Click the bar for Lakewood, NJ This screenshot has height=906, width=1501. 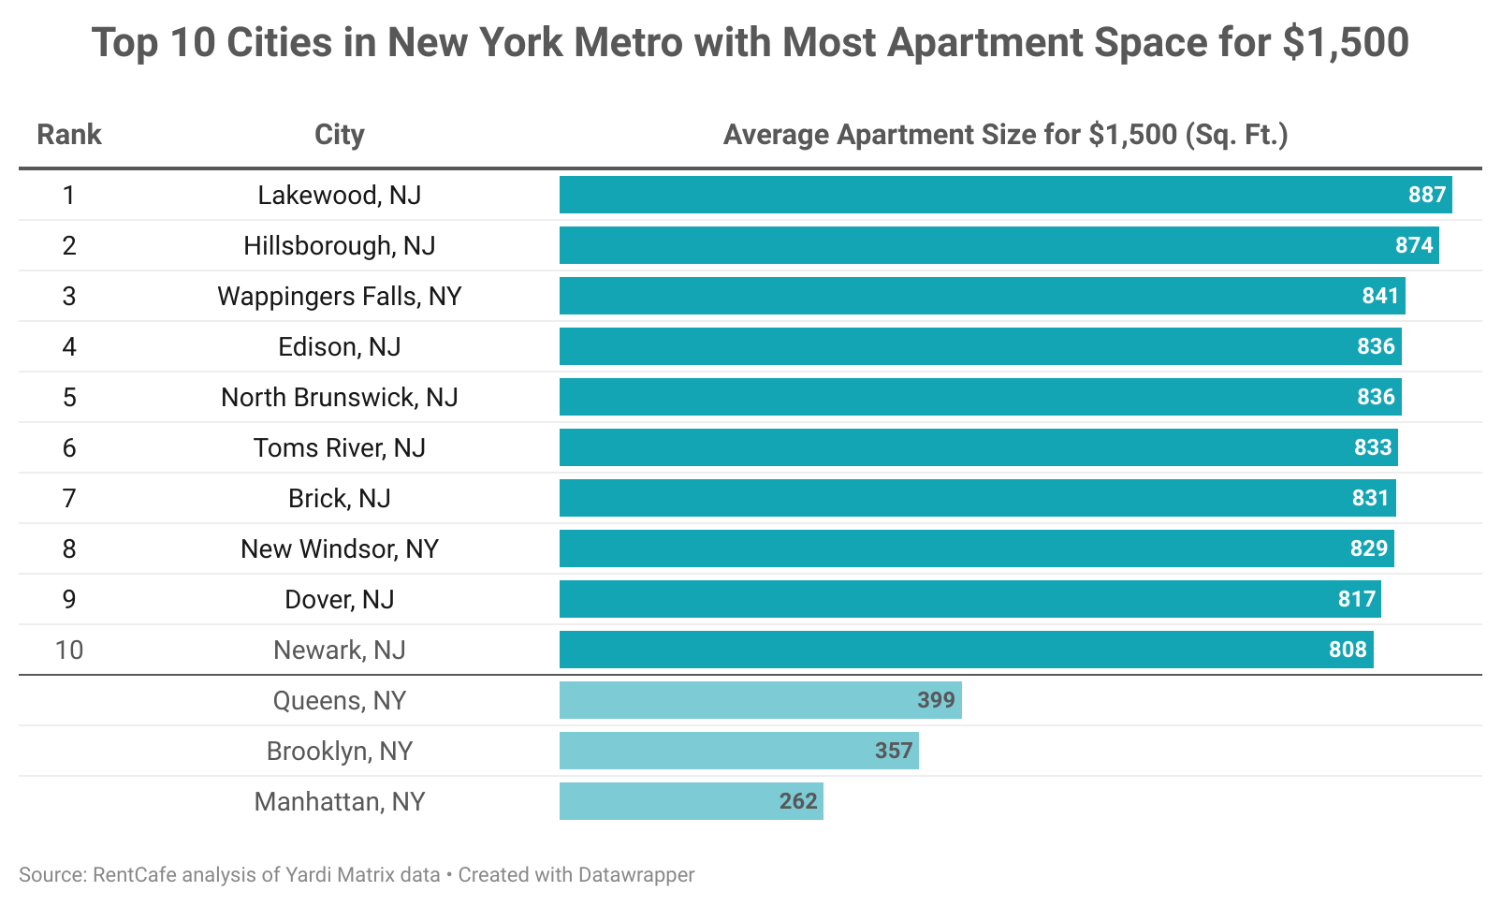pos(1005,195)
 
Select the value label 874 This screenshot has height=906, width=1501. pos(1413,245)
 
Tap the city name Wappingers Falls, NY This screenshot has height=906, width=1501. pos(340,296)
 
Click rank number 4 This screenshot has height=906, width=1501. pos(69,346)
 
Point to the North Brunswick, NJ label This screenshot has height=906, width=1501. pos(340,397)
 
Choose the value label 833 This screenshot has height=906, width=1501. pos(1373,447)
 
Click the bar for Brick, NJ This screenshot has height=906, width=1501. pos(977,498)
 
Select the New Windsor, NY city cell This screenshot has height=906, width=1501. pos(340,548)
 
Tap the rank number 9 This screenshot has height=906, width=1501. pos(69,599)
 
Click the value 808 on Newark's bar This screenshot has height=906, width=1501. pos(1348,650)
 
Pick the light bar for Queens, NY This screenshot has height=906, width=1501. pos(760,700)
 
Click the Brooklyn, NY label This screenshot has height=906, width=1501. pos(340,751)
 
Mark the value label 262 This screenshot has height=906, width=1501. pos(798,801)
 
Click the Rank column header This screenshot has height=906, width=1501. pos(69,135)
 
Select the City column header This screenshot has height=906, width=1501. pos(339,135)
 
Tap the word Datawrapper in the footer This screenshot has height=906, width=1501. pos(636,875)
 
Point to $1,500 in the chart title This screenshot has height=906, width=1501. pos(1346,43)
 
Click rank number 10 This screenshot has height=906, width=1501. pos(69,650)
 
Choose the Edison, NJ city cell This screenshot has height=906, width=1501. pos(340,346)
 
